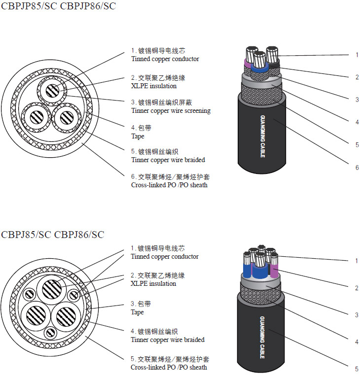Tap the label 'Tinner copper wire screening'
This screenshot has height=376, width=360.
(171, 111)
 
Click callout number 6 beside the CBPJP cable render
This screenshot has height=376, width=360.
(357, 168)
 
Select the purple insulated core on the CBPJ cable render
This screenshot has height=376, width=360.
(274, 269)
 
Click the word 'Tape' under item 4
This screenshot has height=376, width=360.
(138, 136)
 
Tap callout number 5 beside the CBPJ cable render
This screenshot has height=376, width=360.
(357, 369)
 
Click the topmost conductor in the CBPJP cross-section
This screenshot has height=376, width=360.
(51, 90)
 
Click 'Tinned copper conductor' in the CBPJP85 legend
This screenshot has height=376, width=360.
(165, 59)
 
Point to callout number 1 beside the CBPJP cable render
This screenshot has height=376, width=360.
(357, 55)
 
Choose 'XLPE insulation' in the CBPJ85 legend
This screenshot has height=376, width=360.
(153, 284)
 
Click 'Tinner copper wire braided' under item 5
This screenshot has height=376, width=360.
(168, 160)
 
